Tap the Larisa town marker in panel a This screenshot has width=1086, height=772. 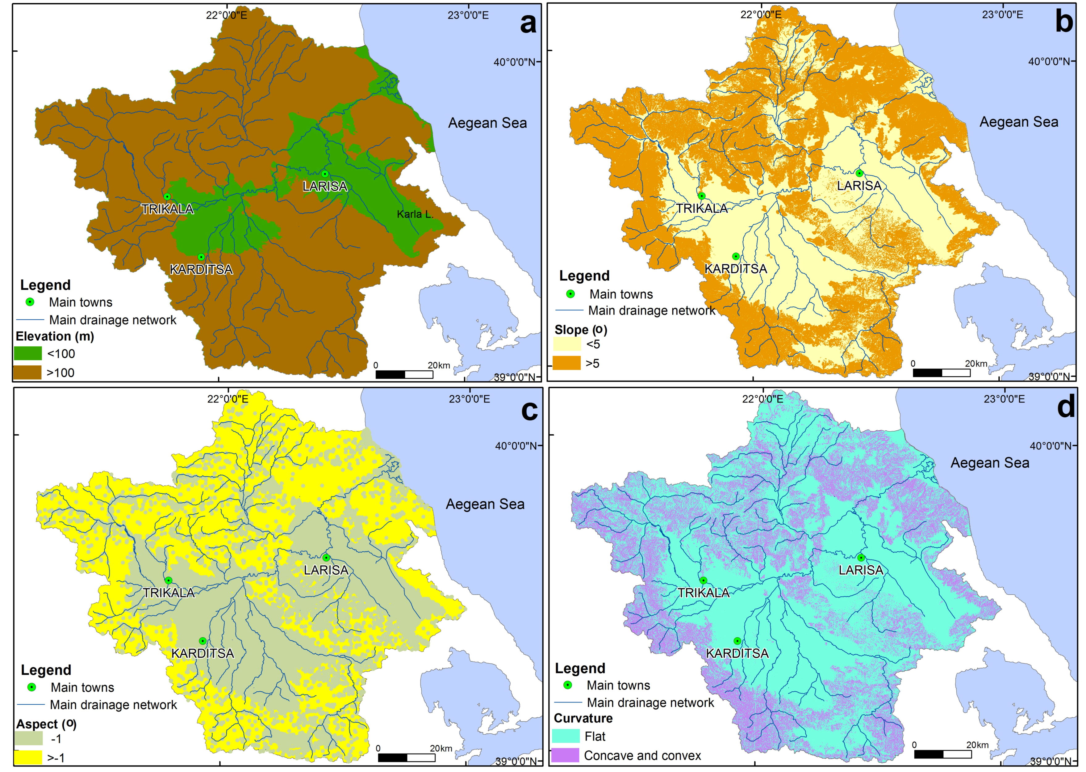coord(325,174)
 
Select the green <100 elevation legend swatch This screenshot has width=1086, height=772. coord(27,354)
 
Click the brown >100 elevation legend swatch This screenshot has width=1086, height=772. coord(27,373)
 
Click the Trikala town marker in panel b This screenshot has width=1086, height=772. coord(702,196)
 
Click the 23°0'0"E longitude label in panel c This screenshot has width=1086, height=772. coord(469,399)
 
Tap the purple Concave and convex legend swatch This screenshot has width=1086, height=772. coord(565,755)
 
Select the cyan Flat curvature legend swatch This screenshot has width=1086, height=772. coord(565,736)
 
